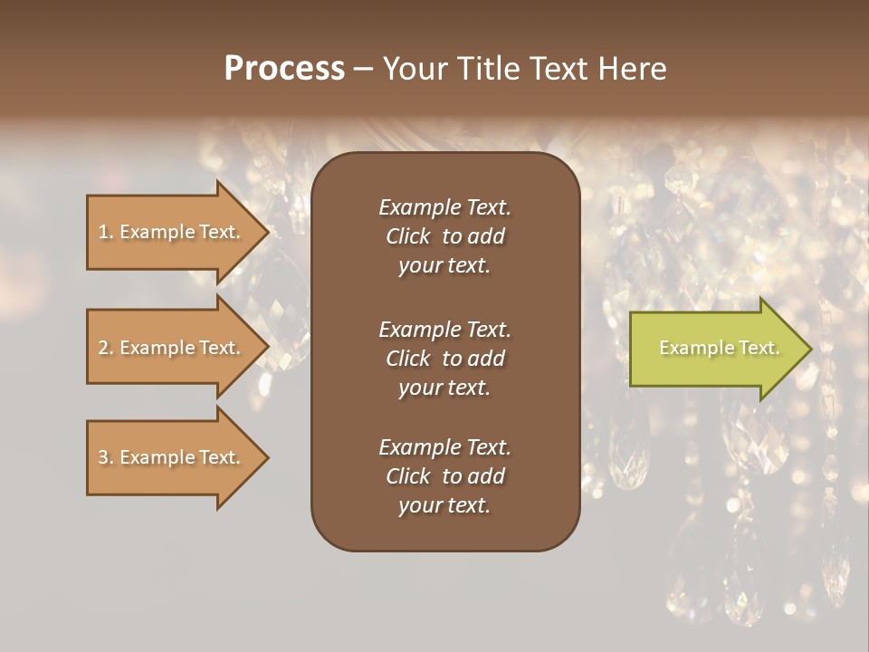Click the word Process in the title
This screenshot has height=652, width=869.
284,69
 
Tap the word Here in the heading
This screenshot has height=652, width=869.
632,69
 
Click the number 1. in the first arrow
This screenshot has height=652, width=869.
106,232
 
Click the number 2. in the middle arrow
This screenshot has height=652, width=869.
106,348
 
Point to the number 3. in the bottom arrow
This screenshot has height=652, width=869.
106,457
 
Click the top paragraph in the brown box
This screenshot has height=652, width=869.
444,236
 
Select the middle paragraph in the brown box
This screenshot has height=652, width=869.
444,358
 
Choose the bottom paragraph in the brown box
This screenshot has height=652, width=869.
444,476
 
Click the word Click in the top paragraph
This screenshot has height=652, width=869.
408,236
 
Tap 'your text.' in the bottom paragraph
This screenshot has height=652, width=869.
444,505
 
